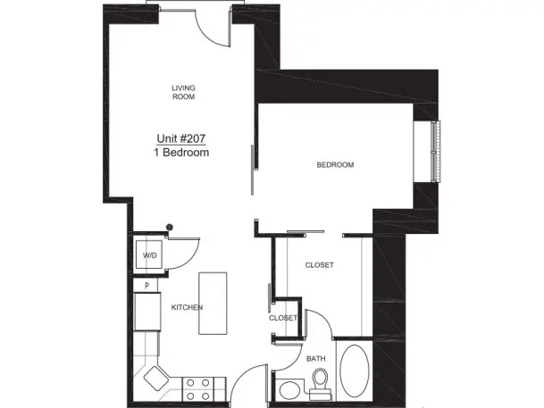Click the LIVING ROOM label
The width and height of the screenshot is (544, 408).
183,92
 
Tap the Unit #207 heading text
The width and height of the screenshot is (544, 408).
181,138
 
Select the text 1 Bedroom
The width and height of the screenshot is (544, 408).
181,152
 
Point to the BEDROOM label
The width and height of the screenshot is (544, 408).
335,164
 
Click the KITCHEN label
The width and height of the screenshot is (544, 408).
187,307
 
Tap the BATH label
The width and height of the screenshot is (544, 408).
316,358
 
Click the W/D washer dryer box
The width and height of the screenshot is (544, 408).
149,254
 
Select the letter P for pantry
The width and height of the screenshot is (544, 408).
146,286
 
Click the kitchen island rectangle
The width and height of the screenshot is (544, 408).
213,304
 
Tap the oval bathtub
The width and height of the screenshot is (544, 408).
355,371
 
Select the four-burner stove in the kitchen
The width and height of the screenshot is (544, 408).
197,389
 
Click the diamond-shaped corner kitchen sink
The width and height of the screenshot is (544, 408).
156,379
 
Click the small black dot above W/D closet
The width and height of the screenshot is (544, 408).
170,228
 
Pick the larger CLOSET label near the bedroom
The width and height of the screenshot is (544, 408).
320,265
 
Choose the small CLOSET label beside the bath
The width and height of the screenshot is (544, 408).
283,318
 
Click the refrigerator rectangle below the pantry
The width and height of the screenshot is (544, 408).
147,312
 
